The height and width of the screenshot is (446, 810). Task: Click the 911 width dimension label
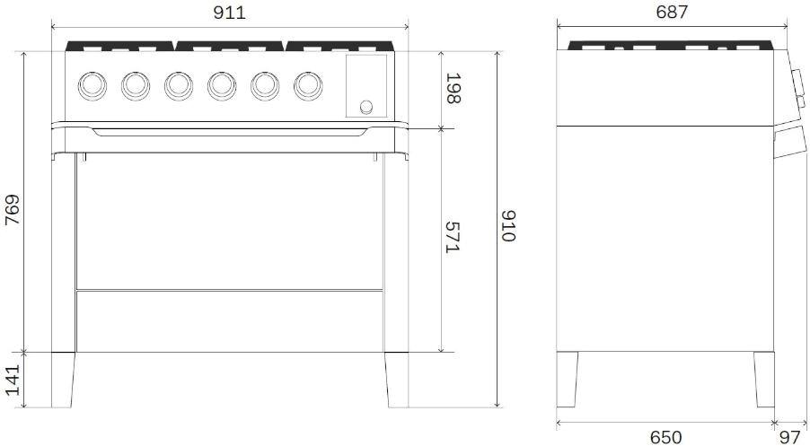click(x=229, y=13)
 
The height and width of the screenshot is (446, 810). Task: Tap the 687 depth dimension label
click(x=672, y=13)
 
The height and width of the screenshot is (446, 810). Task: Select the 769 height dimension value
click(x=12, y=209)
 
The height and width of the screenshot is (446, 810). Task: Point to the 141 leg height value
click(x=12, y=380)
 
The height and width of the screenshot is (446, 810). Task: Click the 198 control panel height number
click(x=453, y=88)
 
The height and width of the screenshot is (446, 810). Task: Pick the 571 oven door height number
click(x=453, y=238)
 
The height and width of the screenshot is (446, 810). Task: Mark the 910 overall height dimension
click(x=508, y=225)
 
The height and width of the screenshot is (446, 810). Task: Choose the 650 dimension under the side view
click(x=666, y=437)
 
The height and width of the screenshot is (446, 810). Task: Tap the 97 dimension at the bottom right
click(x=796, y=437)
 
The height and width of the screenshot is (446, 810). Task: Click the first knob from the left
click(x=92, y=85)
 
